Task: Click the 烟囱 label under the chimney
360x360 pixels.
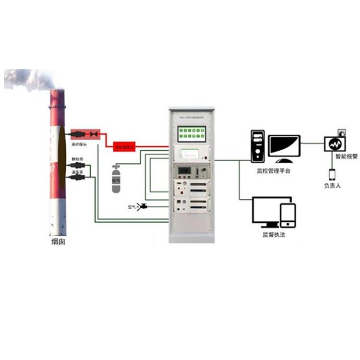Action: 58,242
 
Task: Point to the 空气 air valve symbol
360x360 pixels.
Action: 142,207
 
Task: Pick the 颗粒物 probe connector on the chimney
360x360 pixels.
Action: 77,166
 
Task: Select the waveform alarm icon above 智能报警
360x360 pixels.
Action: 335,144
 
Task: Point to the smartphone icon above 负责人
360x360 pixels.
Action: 331,174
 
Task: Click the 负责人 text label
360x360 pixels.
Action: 331,185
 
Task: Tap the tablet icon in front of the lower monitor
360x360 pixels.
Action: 288,215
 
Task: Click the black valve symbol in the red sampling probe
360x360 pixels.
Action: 94,133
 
